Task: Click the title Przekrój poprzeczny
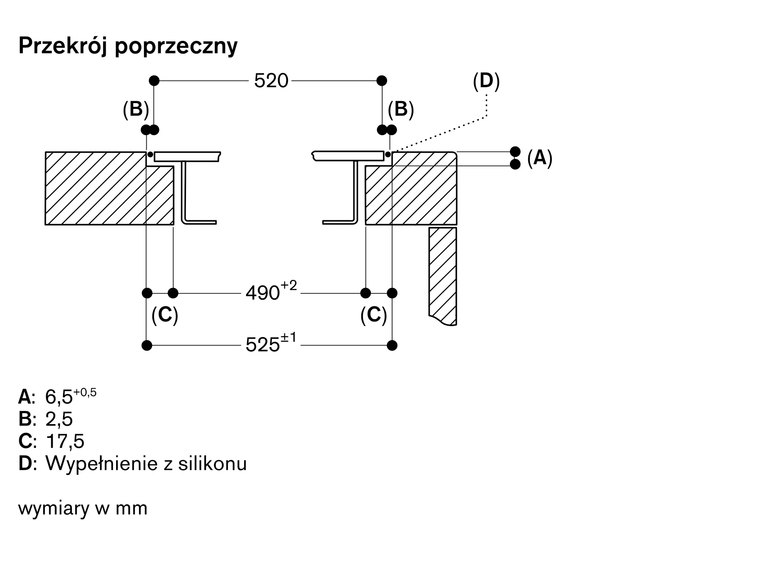click(128, 46)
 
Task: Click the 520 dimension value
click(271, 81)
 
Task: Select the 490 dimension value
click(262, 293)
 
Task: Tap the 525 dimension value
click(262, 345)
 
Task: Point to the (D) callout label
click(486, 81)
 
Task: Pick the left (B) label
click(136, 109)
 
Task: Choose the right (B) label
click(401, 109)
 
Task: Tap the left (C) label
click(165, 315)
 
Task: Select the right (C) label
click(374, 315)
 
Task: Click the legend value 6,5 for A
click(59, 397)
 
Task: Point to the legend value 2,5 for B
click(59, 419)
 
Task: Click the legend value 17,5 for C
click(65, 441)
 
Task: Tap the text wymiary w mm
click(83, 508)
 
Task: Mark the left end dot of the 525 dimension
click(147, 346)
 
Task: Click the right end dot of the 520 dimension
click(382, 81)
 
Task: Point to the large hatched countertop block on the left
click(95, 188)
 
